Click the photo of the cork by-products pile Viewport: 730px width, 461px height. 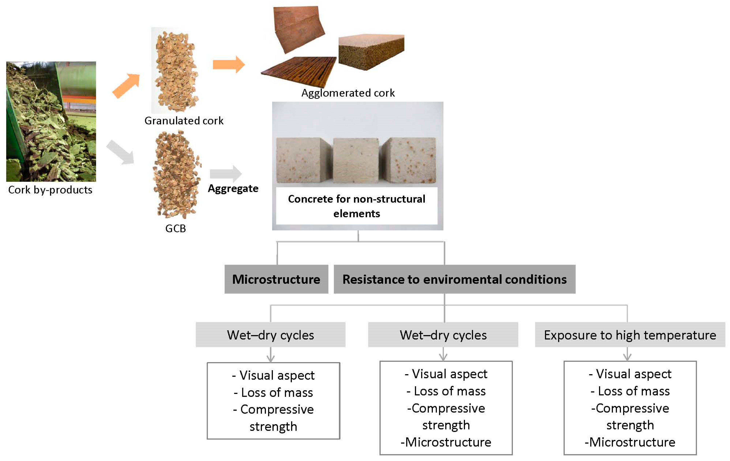(x=51, y=121)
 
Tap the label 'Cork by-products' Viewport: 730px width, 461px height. (x=50, y=190)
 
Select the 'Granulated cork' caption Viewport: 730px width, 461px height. (x=184, y=121)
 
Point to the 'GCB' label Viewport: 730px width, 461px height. (x=176, y=228)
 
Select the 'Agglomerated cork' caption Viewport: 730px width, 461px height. (x=348, y=93)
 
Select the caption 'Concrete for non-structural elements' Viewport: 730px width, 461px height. (x=356, y=206)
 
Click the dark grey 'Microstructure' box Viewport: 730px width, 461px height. (x=276, y=279)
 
